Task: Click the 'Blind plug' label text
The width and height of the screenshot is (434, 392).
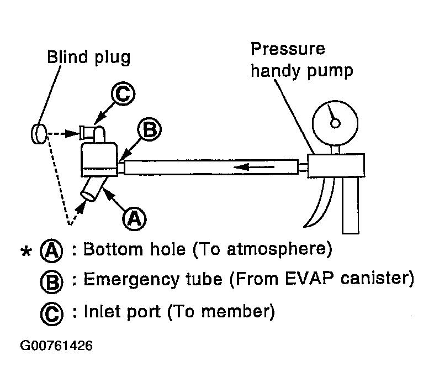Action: (x=88, y=58)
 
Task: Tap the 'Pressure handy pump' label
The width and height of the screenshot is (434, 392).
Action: (x=301, y=60)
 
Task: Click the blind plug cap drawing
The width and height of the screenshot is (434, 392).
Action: (x=39, y=134)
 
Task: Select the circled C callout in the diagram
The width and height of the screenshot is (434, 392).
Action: (x=123, y=93)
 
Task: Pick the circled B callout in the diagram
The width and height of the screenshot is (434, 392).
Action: (x=150, y=129)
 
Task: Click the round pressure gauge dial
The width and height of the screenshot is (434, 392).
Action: (x=335, y=123)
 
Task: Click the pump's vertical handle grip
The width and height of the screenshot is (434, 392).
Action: (x=351, y=205)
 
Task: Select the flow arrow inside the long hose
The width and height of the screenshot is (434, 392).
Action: (x=254, y=167)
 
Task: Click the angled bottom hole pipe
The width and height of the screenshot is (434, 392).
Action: (x=93, y=189)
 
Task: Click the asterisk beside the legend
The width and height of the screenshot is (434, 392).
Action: (x=26, y=251)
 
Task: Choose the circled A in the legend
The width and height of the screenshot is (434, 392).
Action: (x=51, y=250)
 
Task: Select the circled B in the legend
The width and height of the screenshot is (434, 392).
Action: (x=52, y=281)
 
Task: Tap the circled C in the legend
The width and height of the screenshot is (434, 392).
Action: (x=52, y=314)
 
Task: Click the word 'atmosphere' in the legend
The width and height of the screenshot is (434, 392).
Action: (x=277, y=249)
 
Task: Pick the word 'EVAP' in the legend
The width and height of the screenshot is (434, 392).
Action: (x=308, y=278)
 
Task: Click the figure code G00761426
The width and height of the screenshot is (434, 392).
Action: (x=56, y=346)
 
